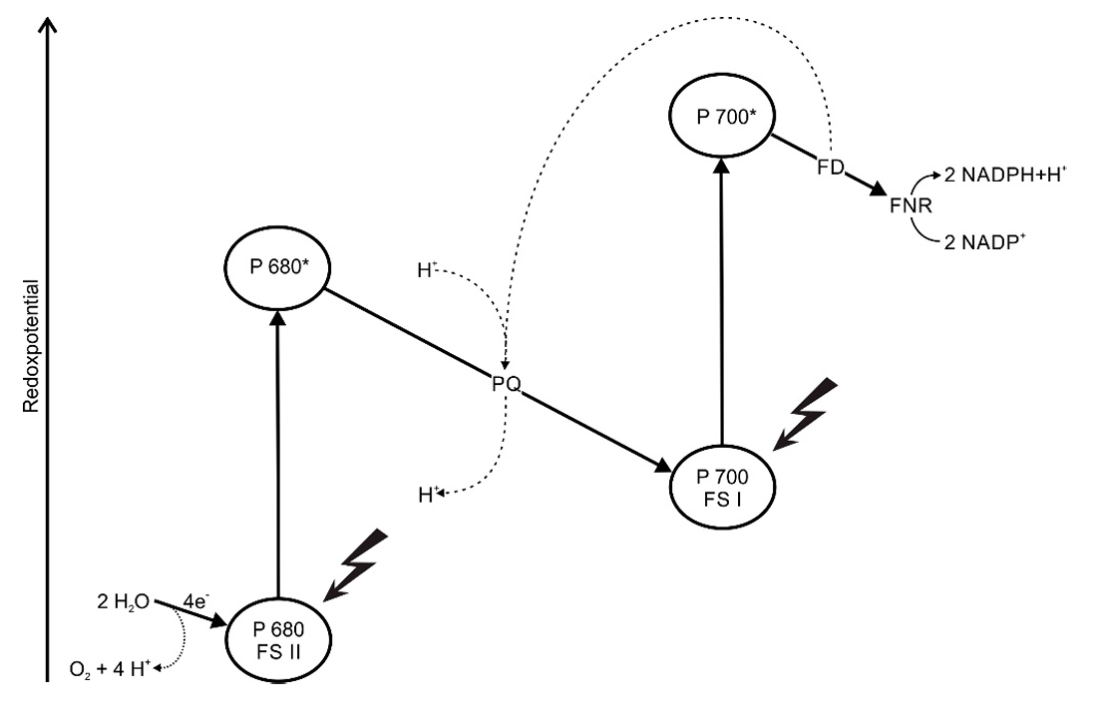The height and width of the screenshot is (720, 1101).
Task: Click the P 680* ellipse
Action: click(x=276, y=267)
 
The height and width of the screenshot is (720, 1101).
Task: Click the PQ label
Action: click(x=507, y=384)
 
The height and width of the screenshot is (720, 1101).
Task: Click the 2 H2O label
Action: click(x=126, y=601)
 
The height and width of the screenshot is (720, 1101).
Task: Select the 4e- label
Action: click(x=195, y=598)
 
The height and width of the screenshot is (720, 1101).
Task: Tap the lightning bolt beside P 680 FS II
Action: click(x=355, y=566)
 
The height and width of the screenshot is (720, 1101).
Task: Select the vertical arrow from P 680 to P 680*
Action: click(x=278, y=449)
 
